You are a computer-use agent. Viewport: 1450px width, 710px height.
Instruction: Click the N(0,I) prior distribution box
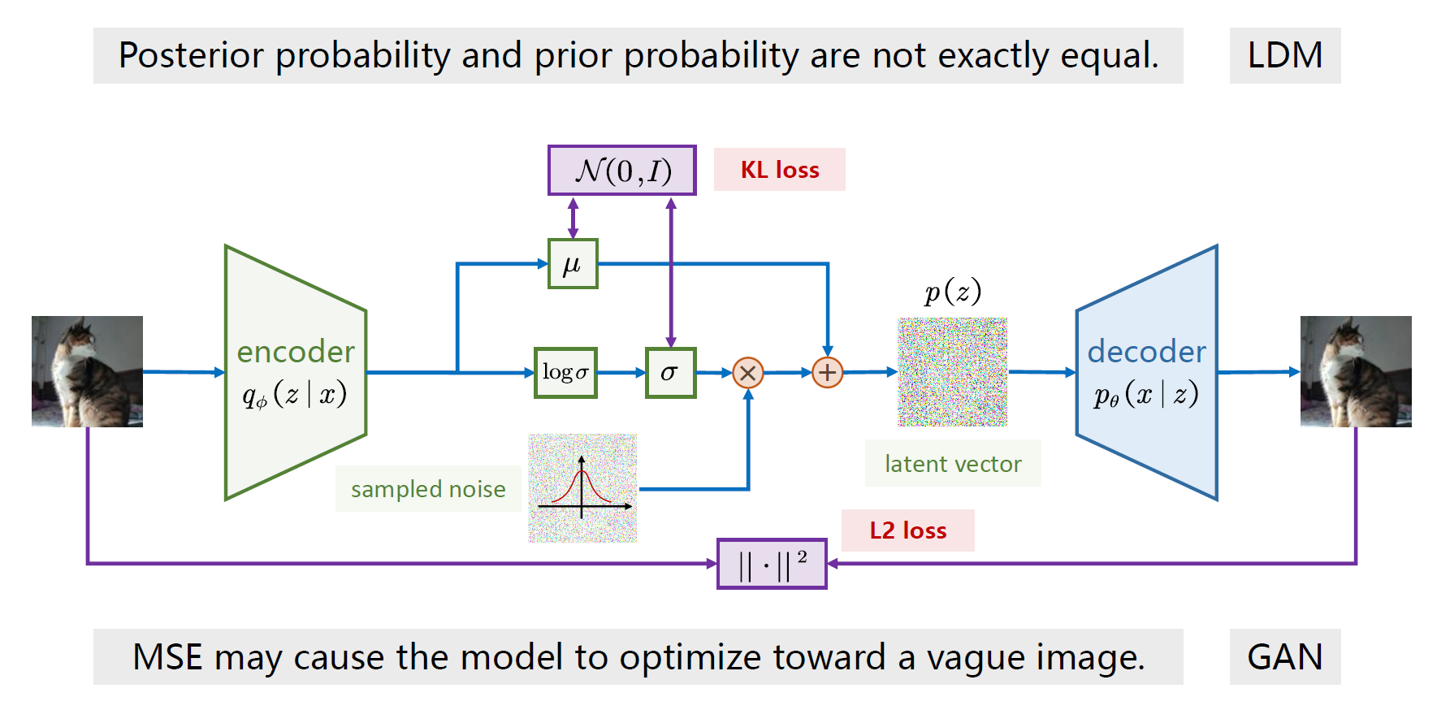pos(621,171)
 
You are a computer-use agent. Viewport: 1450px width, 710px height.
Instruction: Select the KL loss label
pos(779,170)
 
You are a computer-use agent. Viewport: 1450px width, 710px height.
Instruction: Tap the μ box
pos(573,264)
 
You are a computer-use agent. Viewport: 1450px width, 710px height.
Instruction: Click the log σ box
pos(565,373)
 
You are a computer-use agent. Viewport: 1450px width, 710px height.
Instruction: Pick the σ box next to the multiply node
pos(670,373)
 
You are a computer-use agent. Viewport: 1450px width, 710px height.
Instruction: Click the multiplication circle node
pos(747,373)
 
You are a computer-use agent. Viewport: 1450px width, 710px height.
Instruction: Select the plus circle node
pos(827,373)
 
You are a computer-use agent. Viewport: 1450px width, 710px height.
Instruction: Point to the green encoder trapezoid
pos(296,372)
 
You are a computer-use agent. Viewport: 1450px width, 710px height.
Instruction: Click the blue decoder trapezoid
pos(1146,372)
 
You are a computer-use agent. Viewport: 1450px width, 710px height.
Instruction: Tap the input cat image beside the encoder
pos(87,371)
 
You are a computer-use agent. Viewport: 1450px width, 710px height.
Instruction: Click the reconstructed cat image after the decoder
pos(1355,371)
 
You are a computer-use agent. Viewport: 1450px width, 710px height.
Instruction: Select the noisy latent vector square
pos(952,372)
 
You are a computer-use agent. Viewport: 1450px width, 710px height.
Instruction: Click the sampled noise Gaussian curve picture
pos(582,488)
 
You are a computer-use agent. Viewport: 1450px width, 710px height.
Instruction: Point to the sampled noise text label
pos(428,489)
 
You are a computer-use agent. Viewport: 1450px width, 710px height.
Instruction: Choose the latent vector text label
pos(953,464)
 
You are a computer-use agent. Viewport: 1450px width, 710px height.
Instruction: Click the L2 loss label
pos(907,530)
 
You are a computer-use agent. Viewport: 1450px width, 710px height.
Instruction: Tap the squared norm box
pos(772,564)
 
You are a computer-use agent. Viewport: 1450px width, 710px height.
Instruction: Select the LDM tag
pos(1284,55)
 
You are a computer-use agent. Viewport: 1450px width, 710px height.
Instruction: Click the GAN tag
pos(1284,656)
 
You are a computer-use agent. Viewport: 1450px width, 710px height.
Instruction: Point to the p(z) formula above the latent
pos(952,292)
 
